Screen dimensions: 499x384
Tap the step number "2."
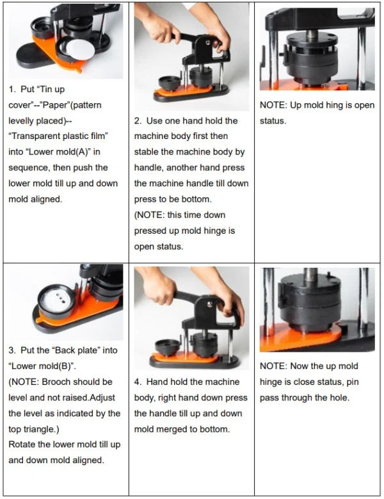click(x=138, y=121)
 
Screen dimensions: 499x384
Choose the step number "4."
click(x=138, y=382)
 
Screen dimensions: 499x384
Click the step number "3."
click(x=13, y=351)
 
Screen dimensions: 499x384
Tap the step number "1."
click(x=13, y=90)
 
